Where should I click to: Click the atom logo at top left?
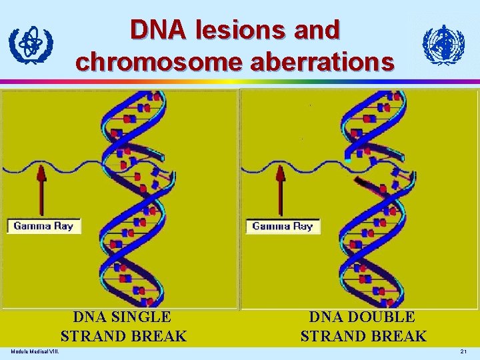[31, 45]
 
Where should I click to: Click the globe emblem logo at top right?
[443, 45]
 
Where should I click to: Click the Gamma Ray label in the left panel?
[43, 226]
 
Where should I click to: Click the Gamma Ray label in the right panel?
[283, 226]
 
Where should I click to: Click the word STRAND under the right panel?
[331, 336]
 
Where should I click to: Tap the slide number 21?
[464, 352]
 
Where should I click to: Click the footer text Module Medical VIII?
[34, 352]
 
